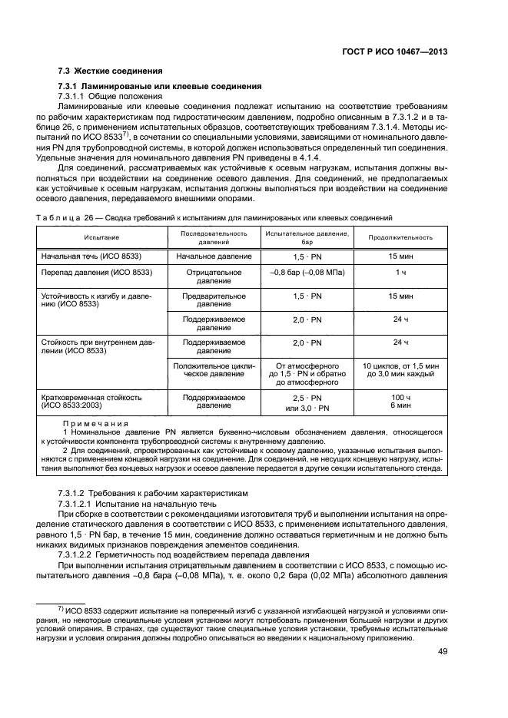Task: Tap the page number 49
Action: pyautogui.click(x=443, y=652)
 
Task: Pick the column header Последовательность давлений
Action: pyautogui.click(x=214, y=237)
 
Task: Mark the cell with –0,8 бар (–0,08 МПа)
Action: pyautogui.click(x=308, y=272)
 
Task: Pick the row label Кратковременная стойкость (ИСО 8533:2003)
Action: pyautogui.click(x=91, y=402)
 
